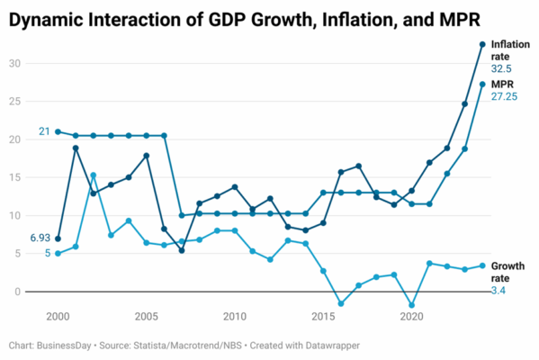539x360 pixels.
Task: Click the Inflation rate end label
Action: point(510,50)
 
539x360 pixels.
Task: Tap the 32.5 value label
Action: point(501,68)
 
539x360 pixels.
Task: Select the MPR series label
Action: point(502,85)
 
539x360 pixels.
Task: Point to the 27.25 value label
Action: point(504,96)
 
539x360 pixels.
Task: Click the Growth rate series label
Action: point(508,272)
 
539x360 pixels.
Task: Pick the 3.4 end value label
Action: point(499,291)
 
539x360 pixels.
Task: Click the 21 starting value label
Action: point(44,131)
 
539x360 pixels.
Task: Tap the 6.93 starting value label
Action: point(40,238)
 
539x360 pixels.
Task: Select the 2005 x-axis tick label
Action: point(146,316)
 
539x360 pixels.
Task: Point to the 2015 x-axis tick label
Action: point(323,316)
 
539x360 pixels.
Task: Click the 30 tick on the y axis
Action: point(14,63)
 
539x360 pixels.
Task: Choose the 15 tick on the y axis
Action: point(14,177)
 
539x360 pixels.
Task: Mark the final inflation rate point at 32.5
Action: point(482,44)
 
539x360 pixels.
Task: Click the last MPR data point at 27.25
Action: point(482,85)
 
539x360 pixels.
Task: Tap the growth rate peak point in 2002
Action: point(94,175)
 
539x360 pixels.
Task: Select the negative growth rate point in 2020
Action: point(411,305)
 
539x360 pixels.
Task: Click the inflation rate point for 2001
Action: point(76,148)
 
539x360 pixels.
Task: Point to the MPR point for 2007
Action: point(182,216)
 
